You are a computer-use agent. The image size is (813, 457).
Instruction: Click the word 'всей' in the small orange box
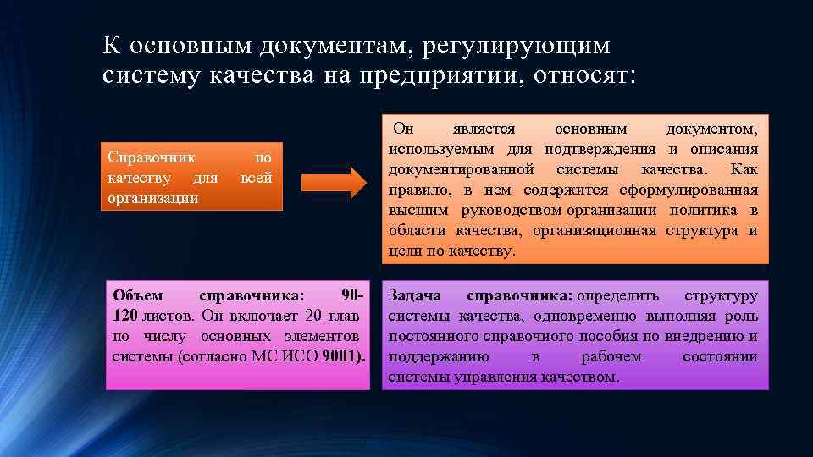point(256,178)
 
